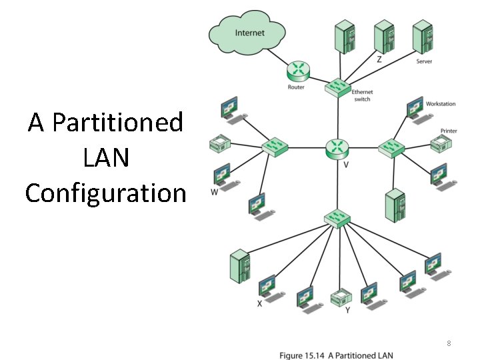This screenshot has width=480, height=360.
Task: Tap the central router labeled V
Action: click(x=337, y=147)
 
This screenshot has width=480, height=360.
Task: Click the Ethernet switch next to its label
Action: click(x=337, y=86)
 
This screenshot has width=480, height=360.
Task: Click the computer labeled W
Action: click(x=223, y=175)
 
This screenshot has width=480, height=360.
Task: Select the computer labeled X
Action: click(x=267, y=287)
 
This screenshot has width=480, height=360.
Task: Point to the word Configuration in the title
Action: click(x=105, y=193)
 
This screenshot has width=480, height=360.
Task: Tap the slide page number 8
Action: click(x=449, y=343)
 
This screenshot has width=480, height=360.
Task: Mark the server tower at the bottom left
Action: click(x=238, y=267)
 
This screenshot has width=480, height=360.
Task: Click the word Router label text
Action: click(x=296, y=87)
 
